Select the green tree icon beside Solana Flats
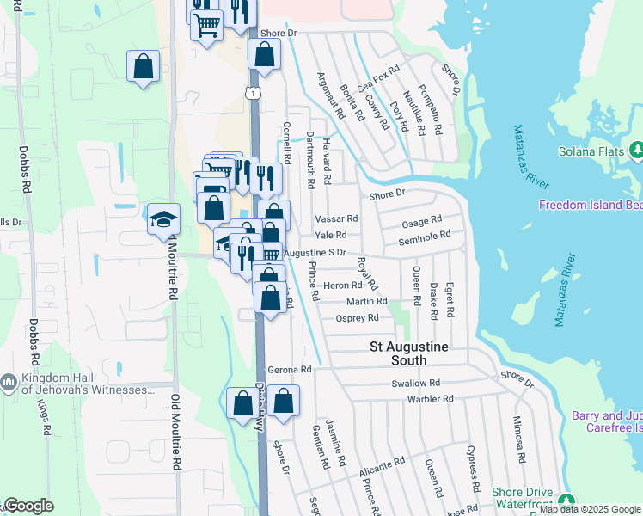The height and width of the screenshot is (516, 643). (x=636, y=151)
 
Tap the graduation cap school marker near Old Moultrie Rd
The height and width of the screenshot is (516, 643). (x=163, y=220)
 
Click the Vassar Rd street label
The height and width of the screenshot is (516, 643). (x=336, y=219)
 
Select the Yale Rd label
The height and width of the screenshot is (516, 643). (x=331, y=235)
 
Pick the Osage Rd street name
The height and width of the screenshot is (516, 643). (x=420, y=222)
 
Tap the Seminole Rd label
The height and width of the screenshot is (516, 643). (x=425, y=236)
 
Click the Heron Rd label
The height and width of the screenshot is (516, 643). (x=341, y=286)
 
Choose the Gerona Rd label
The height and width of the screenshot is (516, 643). (x=289, y=369)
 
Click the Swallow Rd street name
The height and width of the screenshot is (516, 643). (x=415, y=383)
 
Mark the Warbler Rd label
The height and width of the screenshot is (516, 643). (x=431, y=399)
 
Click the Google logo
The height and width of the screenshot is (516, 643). (x=28, y=506)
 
